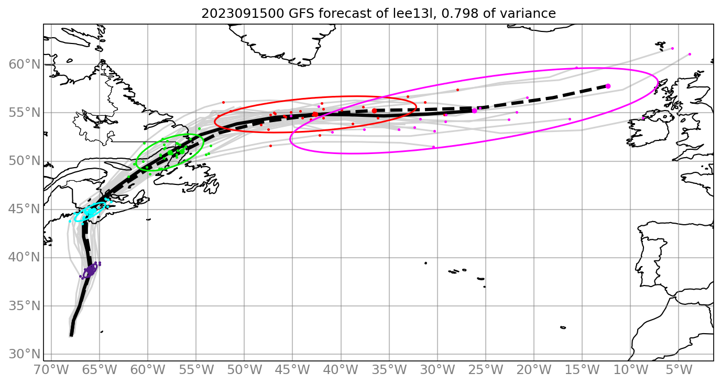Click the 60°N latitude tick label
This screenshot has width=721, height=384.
click(x=24, y=64)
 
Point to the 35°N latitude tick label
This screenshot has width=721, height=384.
click(x=24, y=306)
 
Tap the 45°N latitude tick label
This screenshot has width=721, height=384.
click(x=24, y=209)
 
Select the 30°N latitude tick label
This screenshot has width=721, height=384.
click(x=24, y=354)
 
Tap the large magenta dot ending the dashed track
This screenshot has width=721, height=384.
click(x=608, y=86)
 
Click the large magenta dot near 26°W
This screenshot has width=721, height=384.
click(x=474, y=111)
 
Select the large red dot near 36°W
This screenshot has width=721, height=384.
click(x=374, y=111)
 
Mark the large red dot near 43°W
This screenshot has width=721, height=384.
click(x=315, y=114)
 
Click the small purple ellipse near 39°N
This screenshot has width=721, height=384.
click(x=90, y=270)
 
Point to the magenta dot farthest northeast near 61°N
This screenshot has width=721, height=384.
click(x=690, y=54)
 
